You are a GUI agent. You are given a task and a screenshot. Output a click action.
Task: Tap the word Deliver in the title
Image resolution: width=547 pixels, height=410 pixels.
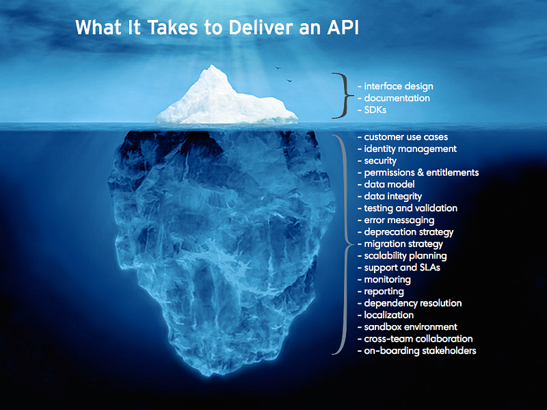[250, 28]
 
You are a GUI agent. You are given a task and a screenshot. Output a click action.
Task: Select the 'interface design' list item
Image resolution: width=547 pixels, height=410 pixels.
[399, 86]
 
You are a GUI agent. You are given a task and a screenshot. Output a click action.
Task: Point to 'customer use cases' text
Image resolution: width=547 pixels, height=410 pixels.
[406, 137]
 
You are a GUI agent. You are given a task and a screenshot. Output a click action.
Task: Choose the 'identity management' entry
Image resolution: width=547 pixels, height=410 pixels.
[410, 149]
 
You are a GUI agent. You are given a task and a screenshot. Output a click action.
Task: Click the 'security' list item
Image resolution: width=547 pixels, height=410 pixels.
[380, 161]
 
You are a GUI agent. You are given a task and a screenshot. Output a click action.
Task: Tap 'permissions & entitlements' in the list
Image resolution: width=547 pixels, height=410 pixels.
[421, 172]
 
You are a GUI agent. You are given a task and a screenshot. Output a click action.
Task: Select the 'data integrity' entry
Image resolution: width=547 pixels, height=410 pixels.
[393, 196]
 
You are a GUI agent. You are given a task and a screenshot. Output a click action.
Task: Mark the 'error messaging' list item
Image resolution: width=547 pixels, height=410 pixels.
[399, 220]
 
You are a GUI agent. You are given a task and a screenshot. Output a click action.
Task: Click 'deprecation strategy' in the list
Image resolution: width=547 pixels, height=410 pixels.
[409, 232]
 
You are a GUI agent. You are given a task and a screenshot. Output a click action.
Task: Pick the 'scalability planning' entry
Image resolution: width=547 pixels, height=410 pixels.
[405, 256]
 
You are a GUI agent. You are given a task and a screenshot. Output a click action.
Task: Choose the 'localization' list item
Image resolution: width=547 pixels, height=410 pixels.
[389, 315]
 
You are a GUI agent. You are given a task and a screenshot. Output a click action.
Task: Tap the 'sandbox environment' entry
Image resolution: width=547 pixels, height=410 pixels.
[410, 327]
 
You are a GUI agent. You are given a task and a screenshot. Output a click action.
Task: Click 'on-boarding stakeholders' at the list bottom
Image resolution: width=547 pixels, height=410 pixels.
[420, 351]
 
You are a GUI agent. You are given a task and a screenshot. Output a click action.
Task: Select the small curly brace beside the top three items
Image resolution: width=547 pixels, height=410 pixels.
[340, 94]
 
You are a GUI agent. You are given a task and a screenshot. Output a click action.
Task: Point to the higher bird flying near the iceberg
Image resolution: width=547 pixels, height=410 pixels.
[278, 68]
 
